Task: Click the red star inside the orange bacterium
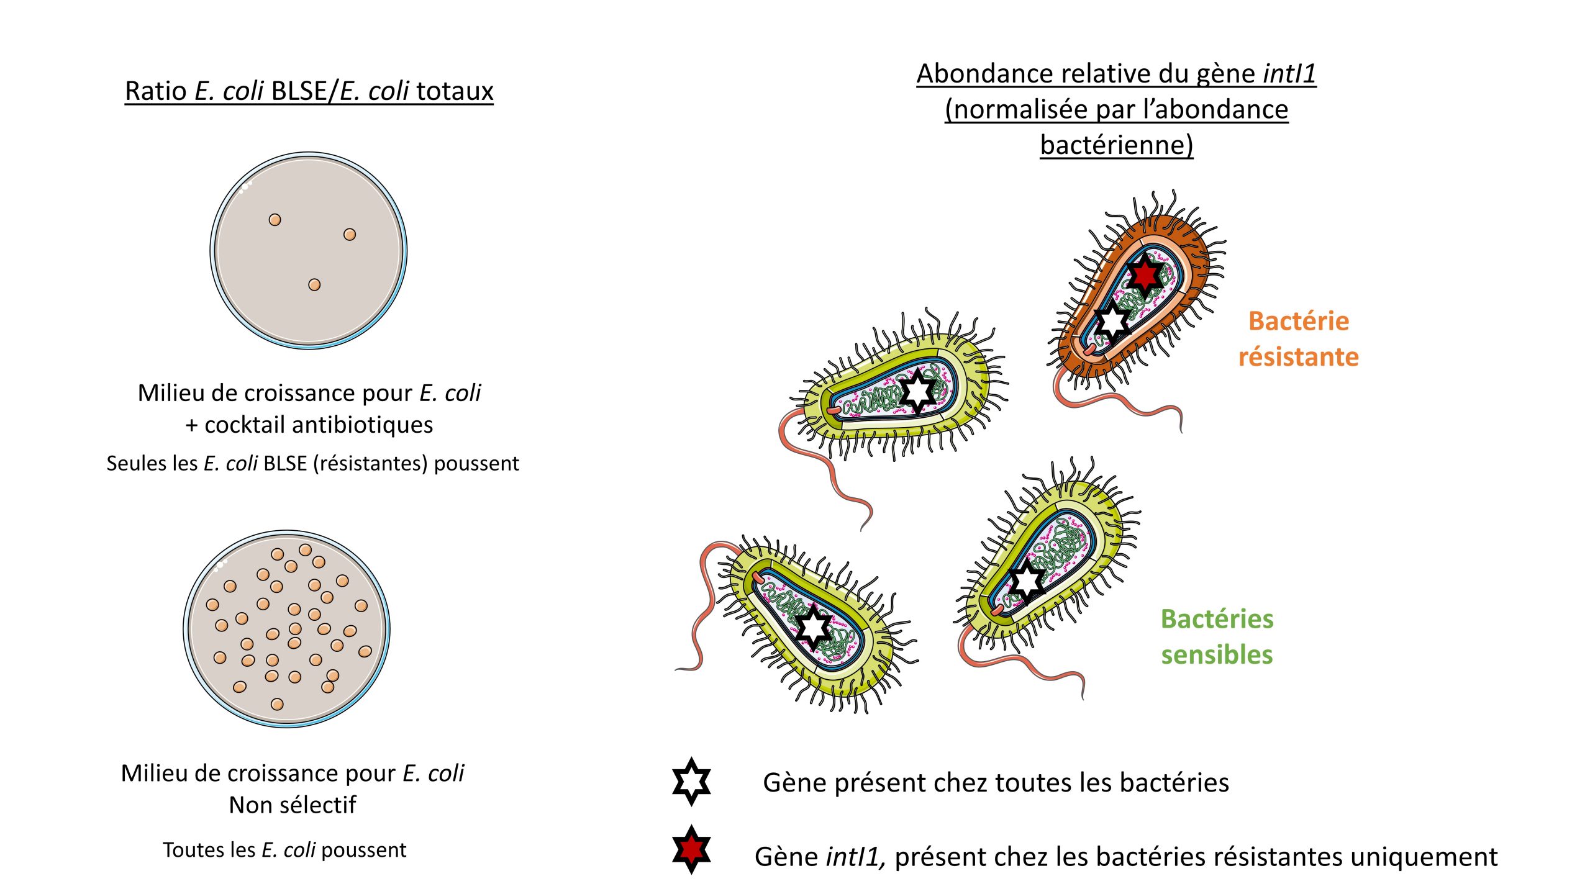click(x=1144, y=274)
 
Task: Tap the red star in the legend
click(x=691, y=849)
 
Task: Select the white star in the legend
click(x=691, y=782)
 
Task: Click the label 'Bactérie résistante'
click(x=1298, y=339)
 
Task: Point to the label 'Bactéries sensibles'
click(x=1217, y=636)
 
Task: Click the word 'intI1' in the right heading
click(x=1289, y=74)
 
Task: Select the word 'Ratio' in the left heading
click(x=155, y=91)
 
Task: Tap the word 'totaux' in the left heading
click(x=455, y=91)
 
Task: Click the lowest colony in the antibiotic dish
click(x=314, y=285)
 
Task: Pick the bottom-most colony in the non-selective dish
click(x=278, y=704)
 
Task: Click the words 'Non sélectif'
click(x=293, y=805)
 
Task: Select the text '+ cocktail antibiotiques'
click(x=309, y=425)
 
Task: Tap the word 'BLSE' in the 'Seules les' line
click(x=285, y=464)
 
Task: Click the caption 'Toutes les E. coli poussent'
click(x=284, y=850)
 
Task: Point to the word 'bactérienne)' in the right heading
click(x=1116, y=145)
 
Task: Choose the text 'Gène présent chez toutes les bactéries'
click(x=996, y=783)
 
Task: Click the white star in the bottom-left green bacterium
click(x=813, y=628)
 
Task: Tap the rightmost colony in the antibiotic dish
click(x=350, y=235)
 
